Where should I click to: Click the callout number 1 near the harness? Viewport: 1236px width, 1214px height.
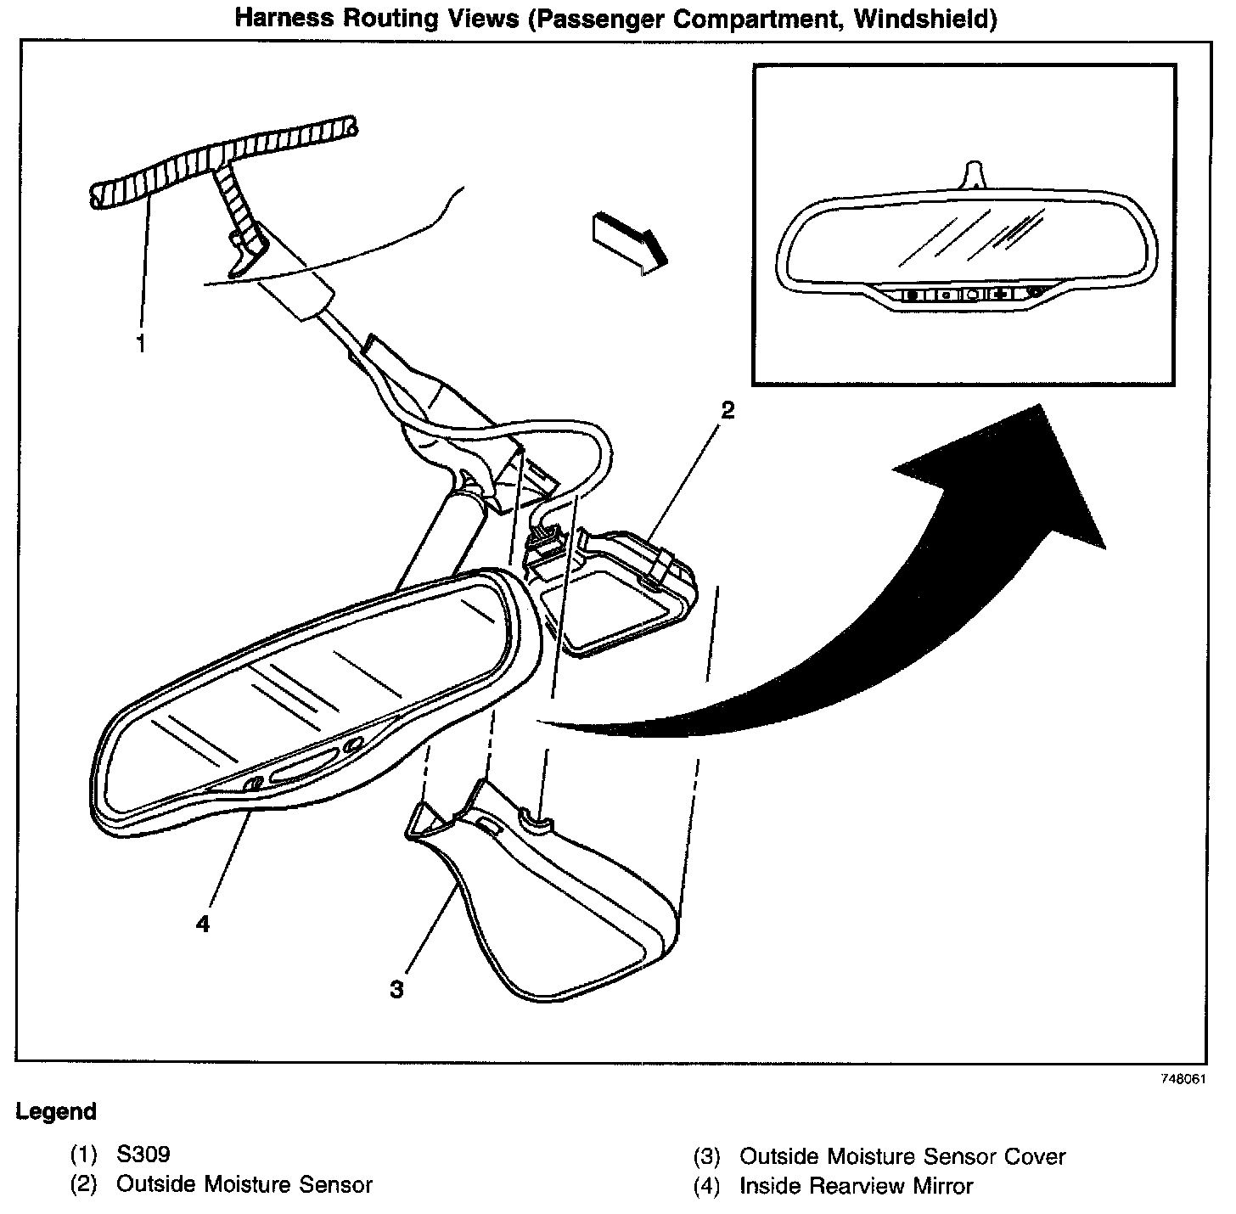point(141,345)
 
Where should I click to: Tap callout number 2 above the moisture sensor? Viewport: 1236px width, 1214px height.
point(727,411)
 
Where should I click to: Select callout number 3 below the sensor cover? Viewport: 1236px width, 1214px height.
point(397,989)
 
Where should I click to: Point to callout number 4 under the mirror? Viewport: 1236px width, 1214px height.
point(202,923)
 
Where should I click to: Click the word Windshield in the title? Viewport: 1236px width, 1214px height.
point(925,19)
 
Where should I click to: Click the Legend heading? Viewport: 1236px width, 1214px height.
point(56,1111)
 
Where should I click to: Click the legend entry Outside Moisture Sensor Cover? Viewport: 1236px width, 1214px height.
point(902,1156)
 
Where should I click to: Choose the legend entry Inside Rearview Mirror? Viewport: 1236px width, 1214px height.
point(856,1186)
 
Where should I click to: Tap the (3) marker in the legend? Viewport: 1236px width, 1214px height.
point(706,1156)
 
